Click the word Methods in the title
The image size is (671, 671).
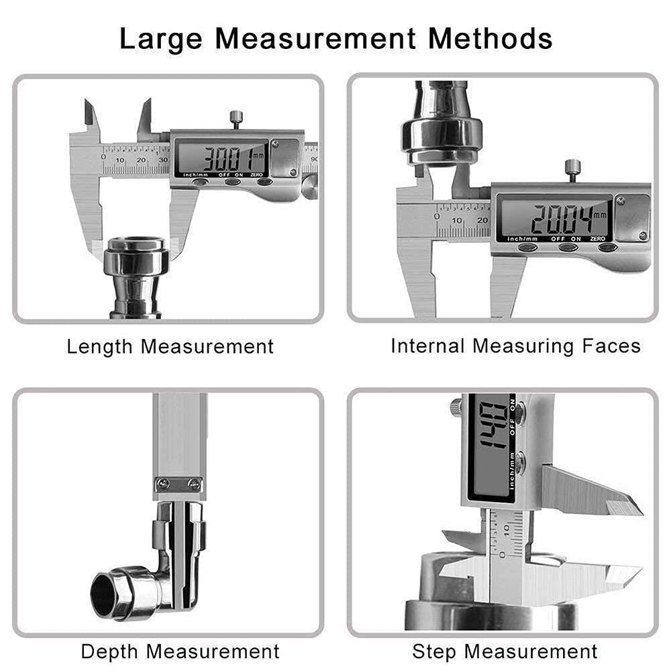pos(491,38)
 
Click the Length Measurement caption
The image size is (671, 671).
pos(170,347)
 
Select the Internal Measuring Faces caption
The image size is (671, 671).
pos(515,346)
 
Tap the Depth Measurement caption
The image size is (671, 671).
pos(180,651)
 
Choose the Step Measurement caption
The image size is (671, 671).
pos(505,651)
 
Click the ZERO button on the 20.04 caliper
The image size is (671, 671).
pos(607,247)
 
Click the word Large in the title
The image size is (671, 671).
pos(161,38)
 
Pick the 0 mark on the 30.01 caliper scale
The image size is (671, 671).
pos(103,158)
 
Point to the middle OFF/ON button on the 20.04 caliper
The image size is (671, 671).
pos(567,247)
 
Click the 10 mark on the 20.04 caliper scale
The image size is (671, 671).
pos(458,221)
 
